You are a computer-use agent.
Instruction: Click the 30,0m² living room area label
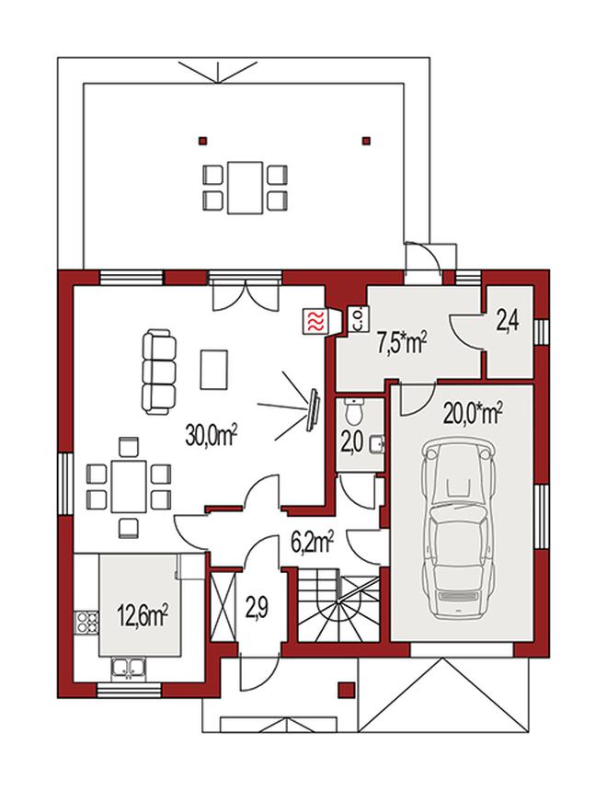point(211,434)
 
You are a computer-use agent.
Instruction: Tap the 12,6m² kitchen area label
point(143,616)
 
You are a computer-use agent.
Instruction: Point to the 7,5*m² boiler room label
point(402,343)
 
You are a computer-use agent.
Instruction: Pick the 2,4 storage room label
point(508,322)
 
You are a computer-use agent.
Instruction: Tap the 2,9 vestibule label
point(257,609)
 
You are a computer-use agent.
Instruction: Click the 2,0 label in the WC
point(351,444)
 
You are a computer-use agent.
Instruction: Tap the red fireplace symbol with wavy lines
point(315,321)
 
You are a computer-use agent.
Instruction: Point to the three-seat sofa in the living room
point(159,372)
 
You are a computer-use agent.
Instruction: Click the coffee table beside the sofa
point(214,370)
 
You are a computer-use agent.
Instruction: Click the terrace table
point(245,188)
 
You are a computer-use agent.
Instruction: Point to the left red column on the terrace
point(202,141)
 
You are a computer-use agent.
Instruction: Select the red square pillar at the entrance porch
point(346,690)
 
